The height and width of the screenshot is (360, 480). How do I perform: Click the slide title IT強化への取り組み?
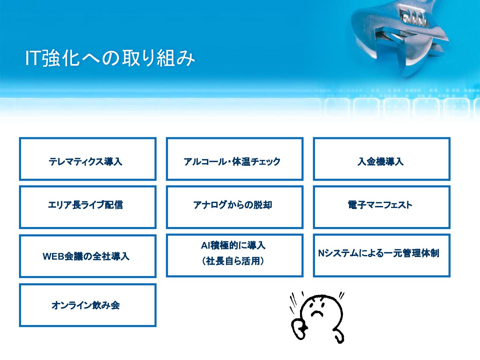click(110, 58)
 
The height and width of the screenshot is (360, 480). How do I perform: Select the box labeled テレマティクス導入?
click(88, 159)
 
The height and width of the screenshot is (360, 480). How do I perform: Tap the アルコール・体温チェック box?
click(235, 159)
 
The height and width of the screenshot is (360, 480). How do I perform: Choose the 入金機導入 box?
click(382, 159)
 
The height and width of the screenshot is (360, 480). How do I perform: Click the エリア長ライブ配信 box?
click(88, 207)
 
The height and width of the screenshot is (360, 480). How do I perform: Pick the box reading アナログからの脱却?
click(235, 207)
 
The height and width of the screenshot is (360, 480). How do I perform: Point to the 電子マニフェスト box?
click(382, 207)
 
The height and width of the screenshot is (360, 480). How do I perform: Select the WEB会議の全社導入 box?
click(88, 256)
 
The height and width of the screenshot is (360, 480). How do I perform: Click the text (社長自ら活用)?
click(233, 261)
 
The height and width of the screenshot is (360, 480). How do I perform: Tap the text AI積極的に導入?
click(233, 245)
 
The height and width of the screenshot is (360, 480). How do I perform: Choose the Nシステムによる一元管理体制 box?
click(382, 255)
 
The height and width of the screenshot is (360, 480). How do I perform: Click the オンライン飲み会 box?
click(88, 305)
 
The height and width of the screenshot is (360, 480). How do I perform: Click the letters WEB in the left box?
click(53, 256)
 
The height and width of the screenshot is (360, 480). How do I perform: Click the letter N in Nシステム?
click(321, 253)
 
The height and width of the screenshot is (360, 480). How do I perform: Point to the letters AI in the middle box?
click(205, 246)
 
